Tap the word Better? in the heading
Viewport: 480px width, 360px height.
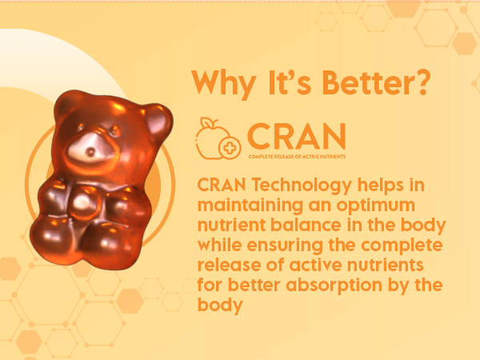[377, 82]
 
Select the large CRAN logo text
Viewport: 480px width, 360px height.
[296, 136]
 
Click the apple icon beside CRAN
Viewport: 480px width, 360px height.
[213, 138]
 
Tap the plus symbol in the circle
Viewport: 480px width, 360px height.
[230, 148]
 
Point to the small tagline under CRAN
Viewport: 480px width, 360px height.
[297, 157]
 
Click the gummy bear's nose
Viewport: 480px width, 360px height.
[91, 151]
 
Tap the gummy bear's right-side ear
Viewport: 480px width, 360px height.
[158, 120]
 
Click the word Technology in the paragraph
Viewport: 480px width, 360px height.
[302, 186]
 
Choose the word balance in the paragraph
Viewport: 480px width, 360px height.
[306, 225]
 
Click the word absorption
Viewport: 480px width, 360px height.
[334, 286]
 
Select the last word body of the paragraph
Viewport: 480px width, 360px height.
[220, 306]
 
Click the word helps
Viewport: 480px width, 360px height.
[380, 186]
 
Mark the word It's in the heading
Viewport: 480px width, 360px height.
[290, 82]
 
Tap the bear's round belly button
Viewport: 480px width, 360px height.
[82, 202]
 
